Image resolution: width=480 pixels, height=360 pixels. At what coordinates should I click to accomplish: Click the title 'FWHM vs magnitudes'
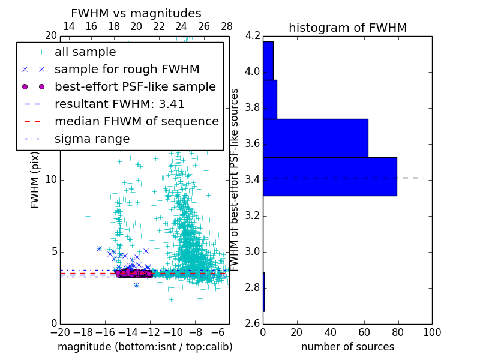136,13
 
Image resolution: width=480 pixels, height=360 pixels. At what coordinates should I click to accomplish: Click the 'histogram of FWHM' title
347,28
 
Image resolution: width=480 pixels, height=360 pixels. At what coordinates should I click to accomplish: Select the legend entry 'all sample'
85,52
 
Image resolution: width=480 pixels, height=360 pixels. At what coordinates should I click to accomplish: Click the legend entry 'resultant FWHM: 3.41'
119,104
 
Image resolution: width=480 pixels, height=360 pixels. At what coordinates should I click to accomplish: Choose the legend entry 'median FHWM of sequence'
136,121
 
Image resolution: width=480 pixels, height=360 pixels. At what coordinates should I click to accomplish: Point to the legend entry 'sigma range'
92,139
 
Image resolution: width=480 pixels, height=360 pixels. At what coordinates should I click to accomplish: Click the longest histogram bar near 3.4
329,176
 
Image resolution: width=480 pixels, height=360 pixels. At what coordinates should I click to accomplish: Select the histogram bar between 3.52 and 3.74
315,138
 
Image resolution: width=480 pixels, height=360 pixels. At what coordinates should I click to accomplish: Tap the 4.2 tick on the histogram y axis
253,36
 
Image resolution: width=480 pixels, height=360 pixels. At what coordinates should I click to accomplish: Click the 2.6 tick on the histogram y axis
253,323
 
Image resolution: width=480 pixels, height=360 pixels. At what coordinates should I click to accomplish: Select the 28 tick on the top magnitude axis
226,26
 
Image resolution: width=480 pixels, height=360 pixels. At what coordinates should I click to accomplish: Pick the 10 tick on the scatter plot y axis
50,180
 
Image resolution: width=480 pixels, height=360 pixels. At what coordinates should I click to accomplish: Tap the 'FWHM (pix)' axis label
35,179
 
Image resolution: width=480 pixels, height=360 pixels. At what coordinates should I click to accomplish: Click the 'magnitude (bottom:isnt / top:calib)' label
145,347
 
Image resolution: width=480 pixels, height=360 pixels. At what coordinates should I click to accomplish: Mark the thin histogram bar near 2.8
264,292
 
